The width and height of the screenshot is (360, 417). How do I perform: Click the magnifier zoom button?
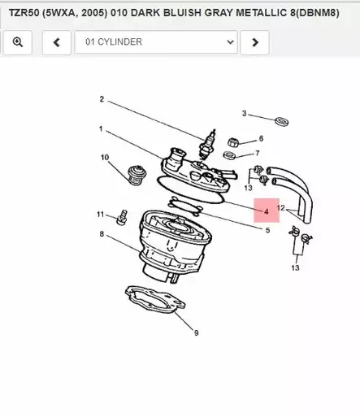[x=18, y=42]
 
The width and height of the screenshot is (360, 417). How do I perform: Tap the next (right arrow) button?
[x=255, y=42]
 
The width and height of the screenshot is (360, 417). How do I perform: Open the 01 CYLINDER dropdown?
[x=156, y=42]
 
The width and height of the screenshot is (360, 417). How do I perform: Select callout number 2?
[x=102, y=99]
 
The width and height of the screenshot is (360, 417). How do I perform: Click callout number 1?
[x=101, y=128]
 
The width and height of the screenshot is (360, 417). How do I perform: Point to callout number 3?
[x=244, y=113]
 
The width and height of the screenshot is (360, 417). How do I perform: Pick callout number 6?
[x=261, y=138]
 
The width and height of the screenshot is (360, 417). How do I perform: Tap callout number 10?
[x=105, y=157]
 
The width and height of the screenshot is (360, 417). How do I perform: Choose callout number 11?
[x=101, y=215]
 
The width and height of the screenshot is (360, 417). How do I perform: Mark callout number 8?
[x=102, y=235]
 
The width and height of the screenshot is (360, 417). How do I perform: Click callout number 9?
[x=196, y=332]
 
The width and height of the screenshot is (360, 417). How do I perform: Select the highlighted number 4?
[x=266, y=211]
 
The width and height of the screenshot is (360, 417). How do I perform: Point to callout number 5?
[x=267, y=230]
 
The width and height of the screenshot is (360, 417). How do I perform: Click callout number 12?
[x=280, y=208]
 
